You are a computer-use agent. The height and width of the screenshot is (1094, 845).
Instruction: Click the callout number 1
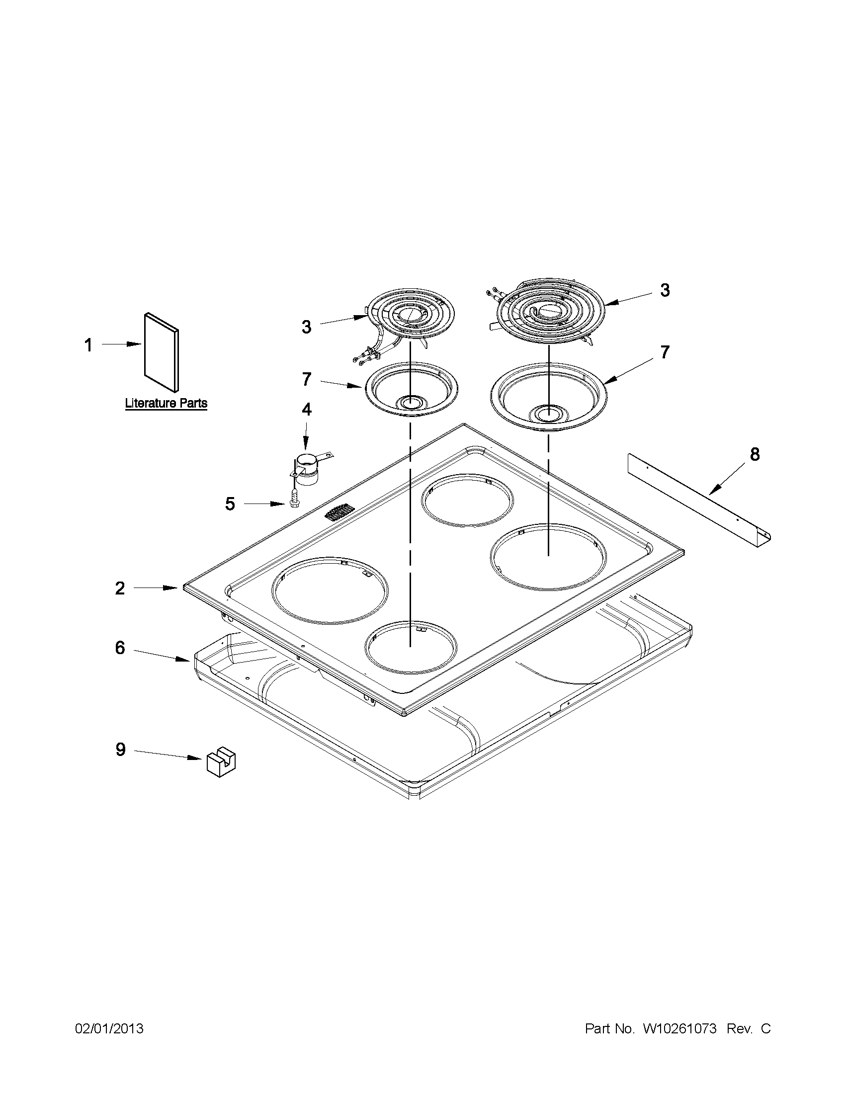coord(88,345)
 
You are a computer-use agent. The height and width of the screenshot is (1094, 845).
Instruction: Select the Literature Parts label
coord(166,403)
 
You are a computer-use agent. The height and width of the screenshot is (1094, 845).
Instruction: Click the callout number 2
coord(120,588)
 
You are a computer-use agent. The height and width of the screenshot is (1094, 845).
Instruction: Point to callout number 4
coord(306,409)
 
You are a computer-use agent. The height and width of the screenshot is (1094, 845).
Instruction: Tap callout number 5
coord(230,504)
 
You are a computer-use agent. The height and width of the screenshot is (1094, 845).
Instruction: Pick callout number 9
coord(120,763)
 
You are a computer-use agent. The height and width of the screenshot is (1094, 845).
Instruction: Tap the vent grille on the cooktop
coord(339,513)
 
